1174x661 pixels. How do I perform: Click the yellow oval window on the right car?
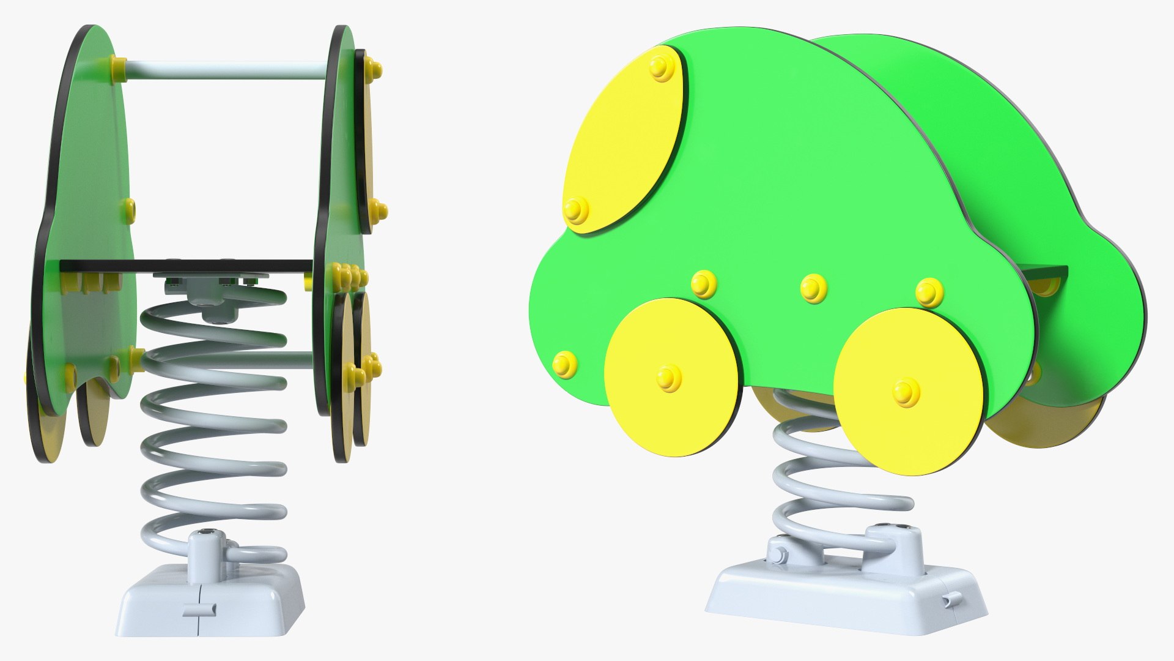tap(624, 141)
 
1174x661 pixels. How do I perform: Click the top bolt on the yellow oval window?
tap(661, 69)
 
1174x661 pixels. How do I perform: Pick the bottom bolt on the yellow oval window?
tap(576, 209)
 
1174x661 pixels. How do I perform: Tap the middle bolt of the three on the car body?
tap(813, 288)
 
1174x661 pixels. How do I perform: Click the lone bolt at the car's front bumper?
tap(564, 365)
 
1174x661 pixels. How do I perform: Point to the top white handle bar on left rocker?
tap(226, 69)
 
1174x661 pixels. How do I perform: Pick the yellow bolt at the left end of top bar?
tap(117, 64)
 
